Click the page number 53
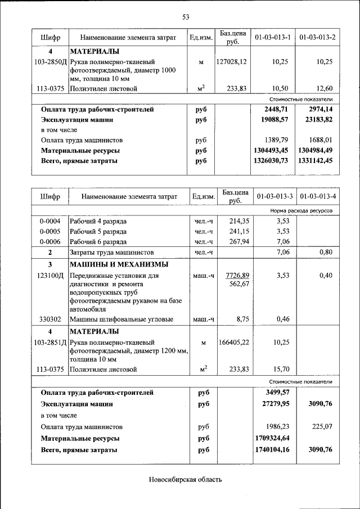pyautogui.click(x=185, y=16)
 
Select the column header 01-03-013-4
pyautogui.click(x=318, y=197)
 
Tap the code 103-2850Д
pyautogui.click(x=51, y=62)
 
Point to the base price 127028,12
pyautogui.click(x=231, y=62)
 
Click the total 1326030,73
pyautogui.click(x=271, y=161)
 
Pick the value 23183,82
pyautogui.click(x=318, y=120)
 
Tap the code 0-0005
pyautogui.click(x=50, y=231)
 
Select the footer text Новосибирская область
pyautogui.click(x=185, y=480)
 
